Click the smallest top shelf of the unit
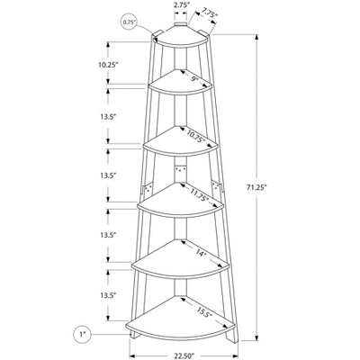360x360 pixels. coord(179,38)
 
